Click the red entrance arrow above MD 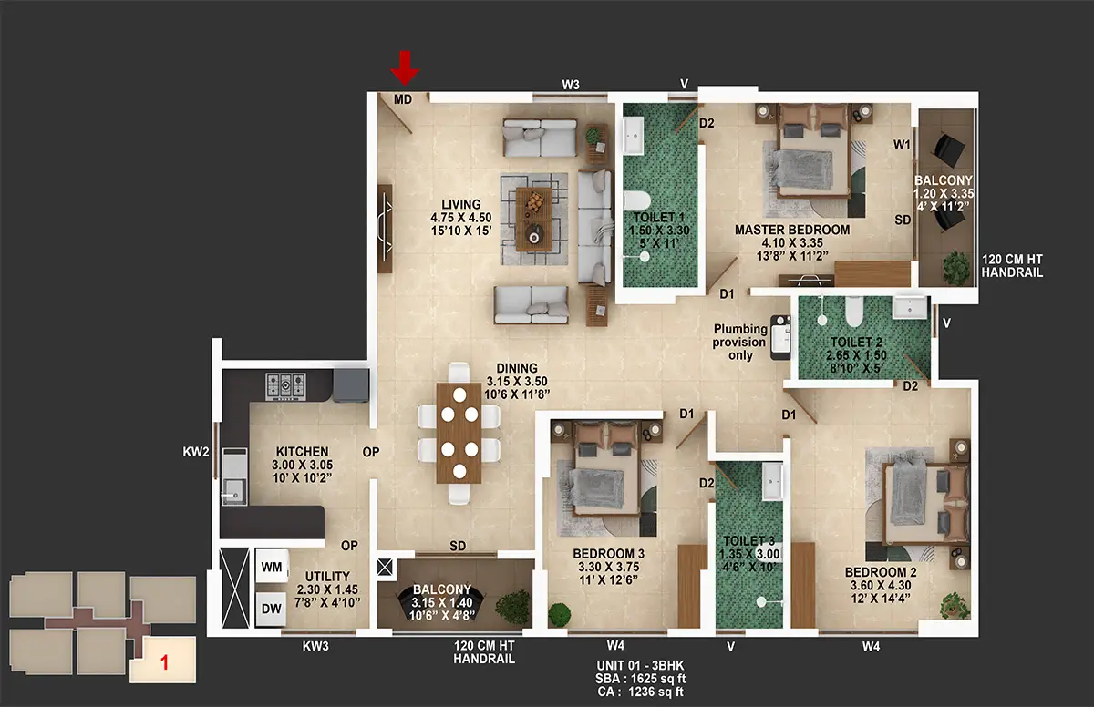coord(405,67)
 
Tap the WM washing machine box coord(272,566)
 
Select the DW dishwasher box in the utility coord(272,609)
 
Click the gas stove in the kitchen coord(285,386)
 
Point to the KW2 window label coord(196,452)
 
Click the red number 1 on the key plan coord(165,662)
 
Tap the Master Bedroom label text coord(792,230)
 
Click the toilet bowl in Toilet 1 coord(637,200)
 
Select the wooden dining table coord(459,433)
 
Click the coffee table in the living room coord(534,219)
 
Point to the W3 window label coord(571,85)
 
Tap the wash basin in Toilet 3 coord(772,482)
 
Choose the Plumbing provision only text coord(740,342)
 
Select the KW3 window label coord(315,647)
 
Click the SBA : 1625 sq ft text coord(640,679)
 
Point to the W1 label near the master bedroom coord(902,145)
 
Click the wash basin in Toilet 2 coord(910,307)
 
